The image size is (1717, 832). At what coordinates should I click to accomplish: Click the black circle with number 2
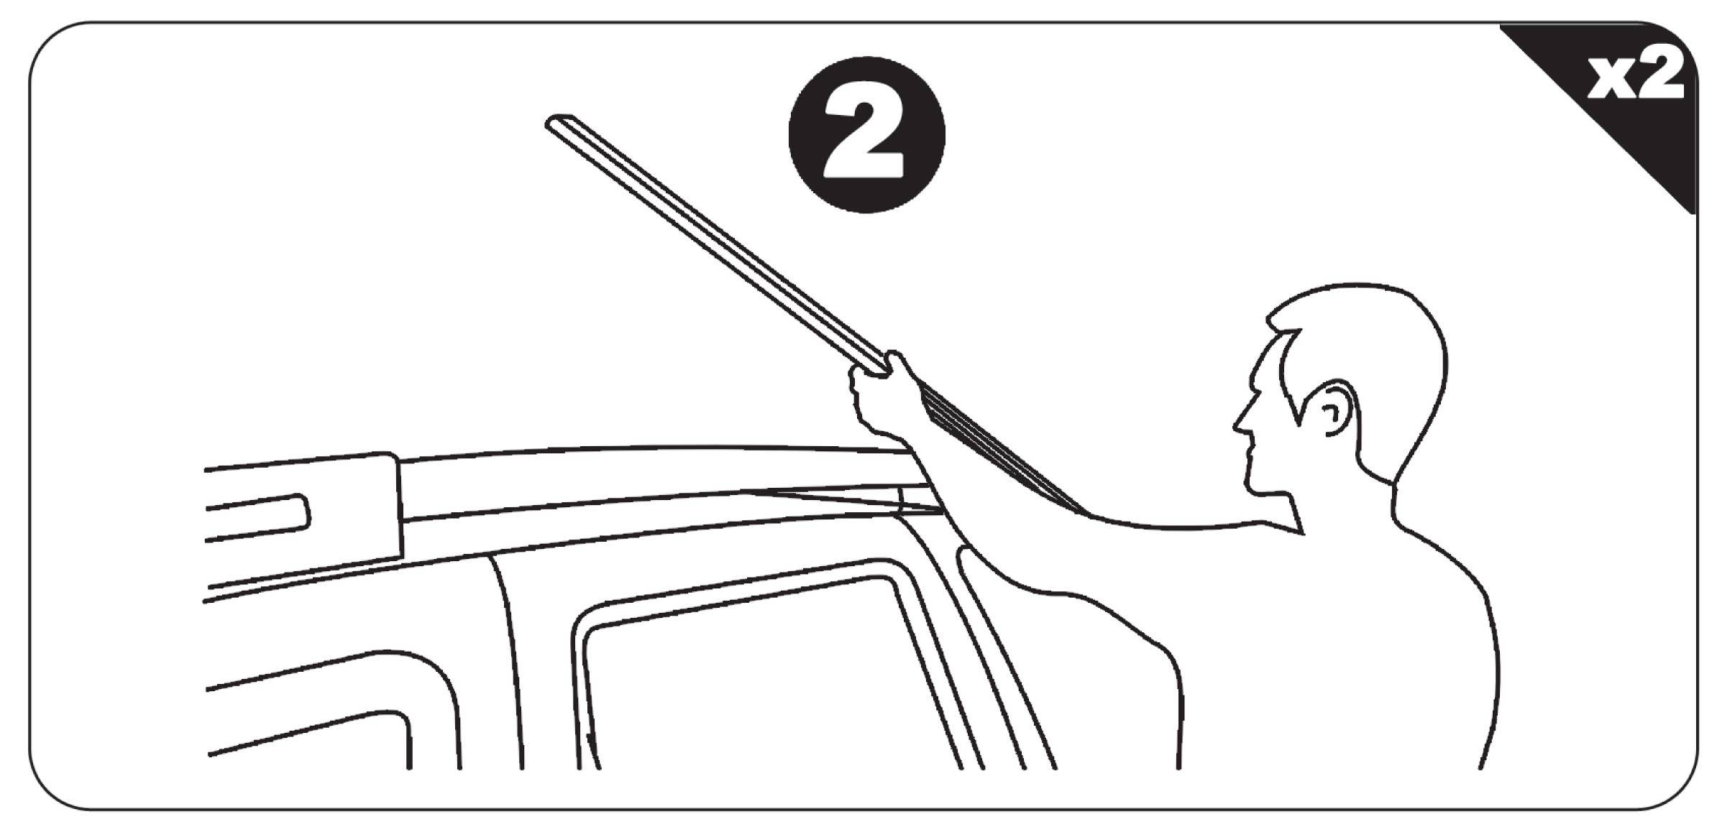click(866, 134)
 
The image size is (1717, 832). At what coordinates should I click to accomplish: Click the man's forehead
click(1269, 359)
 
